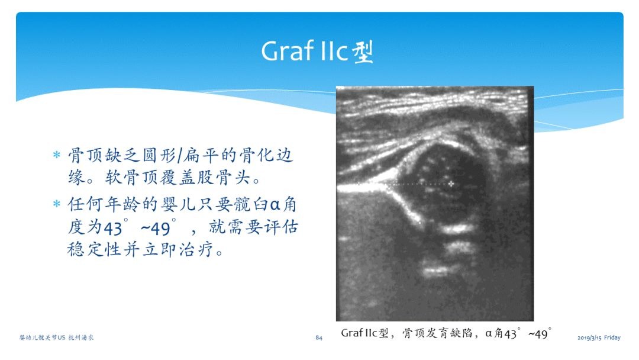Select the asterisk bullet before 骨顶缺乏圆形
(57, 155)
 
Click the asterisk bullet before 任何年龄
(57, 203)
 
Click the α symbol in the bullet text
(276, 204)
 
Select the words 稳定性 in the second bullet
(94, 249)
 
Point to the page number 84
(319, 337)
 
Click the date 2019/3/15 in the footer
(589, 337)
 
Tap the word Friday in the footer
(612, 337)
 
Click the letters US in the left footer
(61, 337)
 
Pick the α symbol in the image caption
(489, 333)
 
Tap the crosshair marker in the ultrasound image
(451, 184)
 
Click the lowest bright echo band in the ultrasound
(437, 271)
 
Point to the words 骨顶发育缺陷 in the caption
(437, 333)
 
